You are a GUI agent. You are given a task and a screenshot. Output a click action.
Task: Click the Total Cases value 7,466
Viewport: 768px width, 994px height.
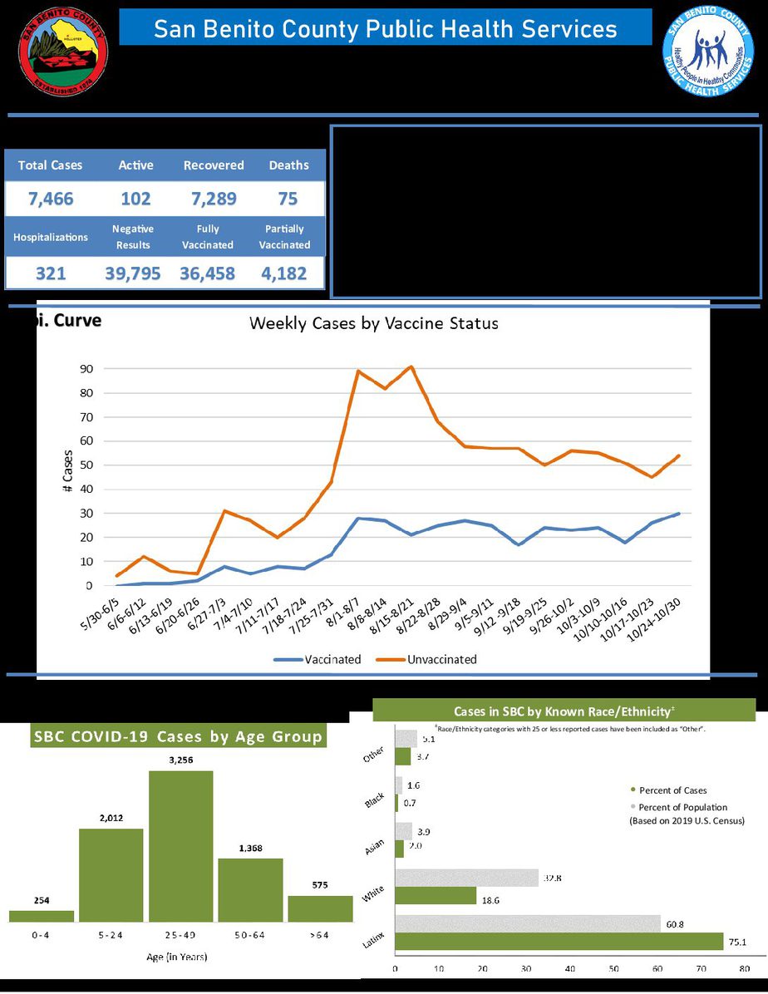(52, 199)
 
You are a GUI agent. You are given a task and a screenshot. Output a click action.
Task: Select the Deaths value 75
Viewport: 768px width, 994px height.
(288, 199)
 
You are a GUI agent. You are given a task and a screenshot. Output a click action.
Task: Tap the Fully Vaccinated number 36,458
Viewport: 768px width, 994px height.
(207, 273)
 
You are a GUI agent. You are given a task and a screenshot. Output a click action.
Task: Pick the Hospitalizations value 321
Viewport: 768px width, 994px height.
(51, 273)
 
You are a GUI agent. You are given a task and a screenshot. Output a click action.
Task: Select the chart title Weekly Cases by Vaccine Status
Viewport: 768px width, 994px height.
(374, 323)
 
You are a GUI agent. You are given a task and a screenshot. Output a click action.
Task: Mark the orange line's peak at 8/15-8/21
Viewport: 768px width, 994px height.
(411, 367)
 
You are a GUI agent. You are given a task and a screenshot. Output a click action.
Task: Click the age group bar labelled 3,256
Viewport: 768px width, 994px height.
(180, 846)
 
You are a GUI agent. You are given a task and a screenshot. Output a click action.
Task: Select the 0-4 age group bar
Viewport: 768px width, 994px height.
(42, 916)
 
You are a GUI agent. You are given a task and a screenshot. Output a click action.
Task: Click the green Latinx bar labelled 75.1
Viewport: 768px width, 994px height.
(559, 941)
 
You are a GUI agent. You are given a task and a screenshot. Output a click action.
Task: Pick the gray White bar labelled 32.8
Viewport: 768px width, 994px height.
(466, 878)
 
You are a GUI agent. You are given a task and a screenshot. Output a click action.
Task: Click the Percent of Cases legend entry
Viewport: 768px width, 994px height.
(672, 790)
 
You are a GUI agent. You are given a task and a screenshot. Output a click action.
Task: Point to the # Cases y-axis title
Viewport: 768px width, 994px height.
(66, 475)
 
